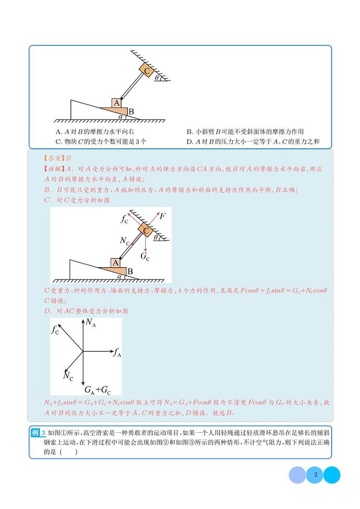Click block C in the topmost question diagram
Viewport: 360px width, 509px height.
click(x=146, y=70)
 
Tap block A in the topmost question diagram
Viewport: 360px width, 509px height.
click(x=117, y=103)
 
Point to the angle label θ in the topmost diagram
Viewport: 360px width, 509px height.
click(x=157, y=78)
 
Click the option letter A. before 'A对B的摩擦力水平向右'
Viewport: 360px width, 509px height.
click(x=58, y=132)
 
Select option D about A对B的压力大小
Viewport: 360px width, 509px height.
click(x=253, y=141)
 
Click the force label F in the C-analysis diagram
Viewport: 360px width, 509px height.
click(x=162, y=216)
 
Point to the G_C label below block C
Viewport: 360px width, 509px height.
click(x=145, y=256)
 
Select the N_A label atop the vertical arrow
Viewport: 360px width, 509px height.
click(x=91, y=323)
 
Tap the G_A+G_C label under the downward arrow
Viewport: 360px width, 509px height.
click(x=97, y=389)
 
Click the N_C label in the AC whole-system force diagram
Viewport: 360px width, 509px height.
click(x=68, y=376)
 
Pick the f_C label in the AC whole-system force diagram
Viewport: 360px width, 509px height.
click(x=55, y=330)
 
